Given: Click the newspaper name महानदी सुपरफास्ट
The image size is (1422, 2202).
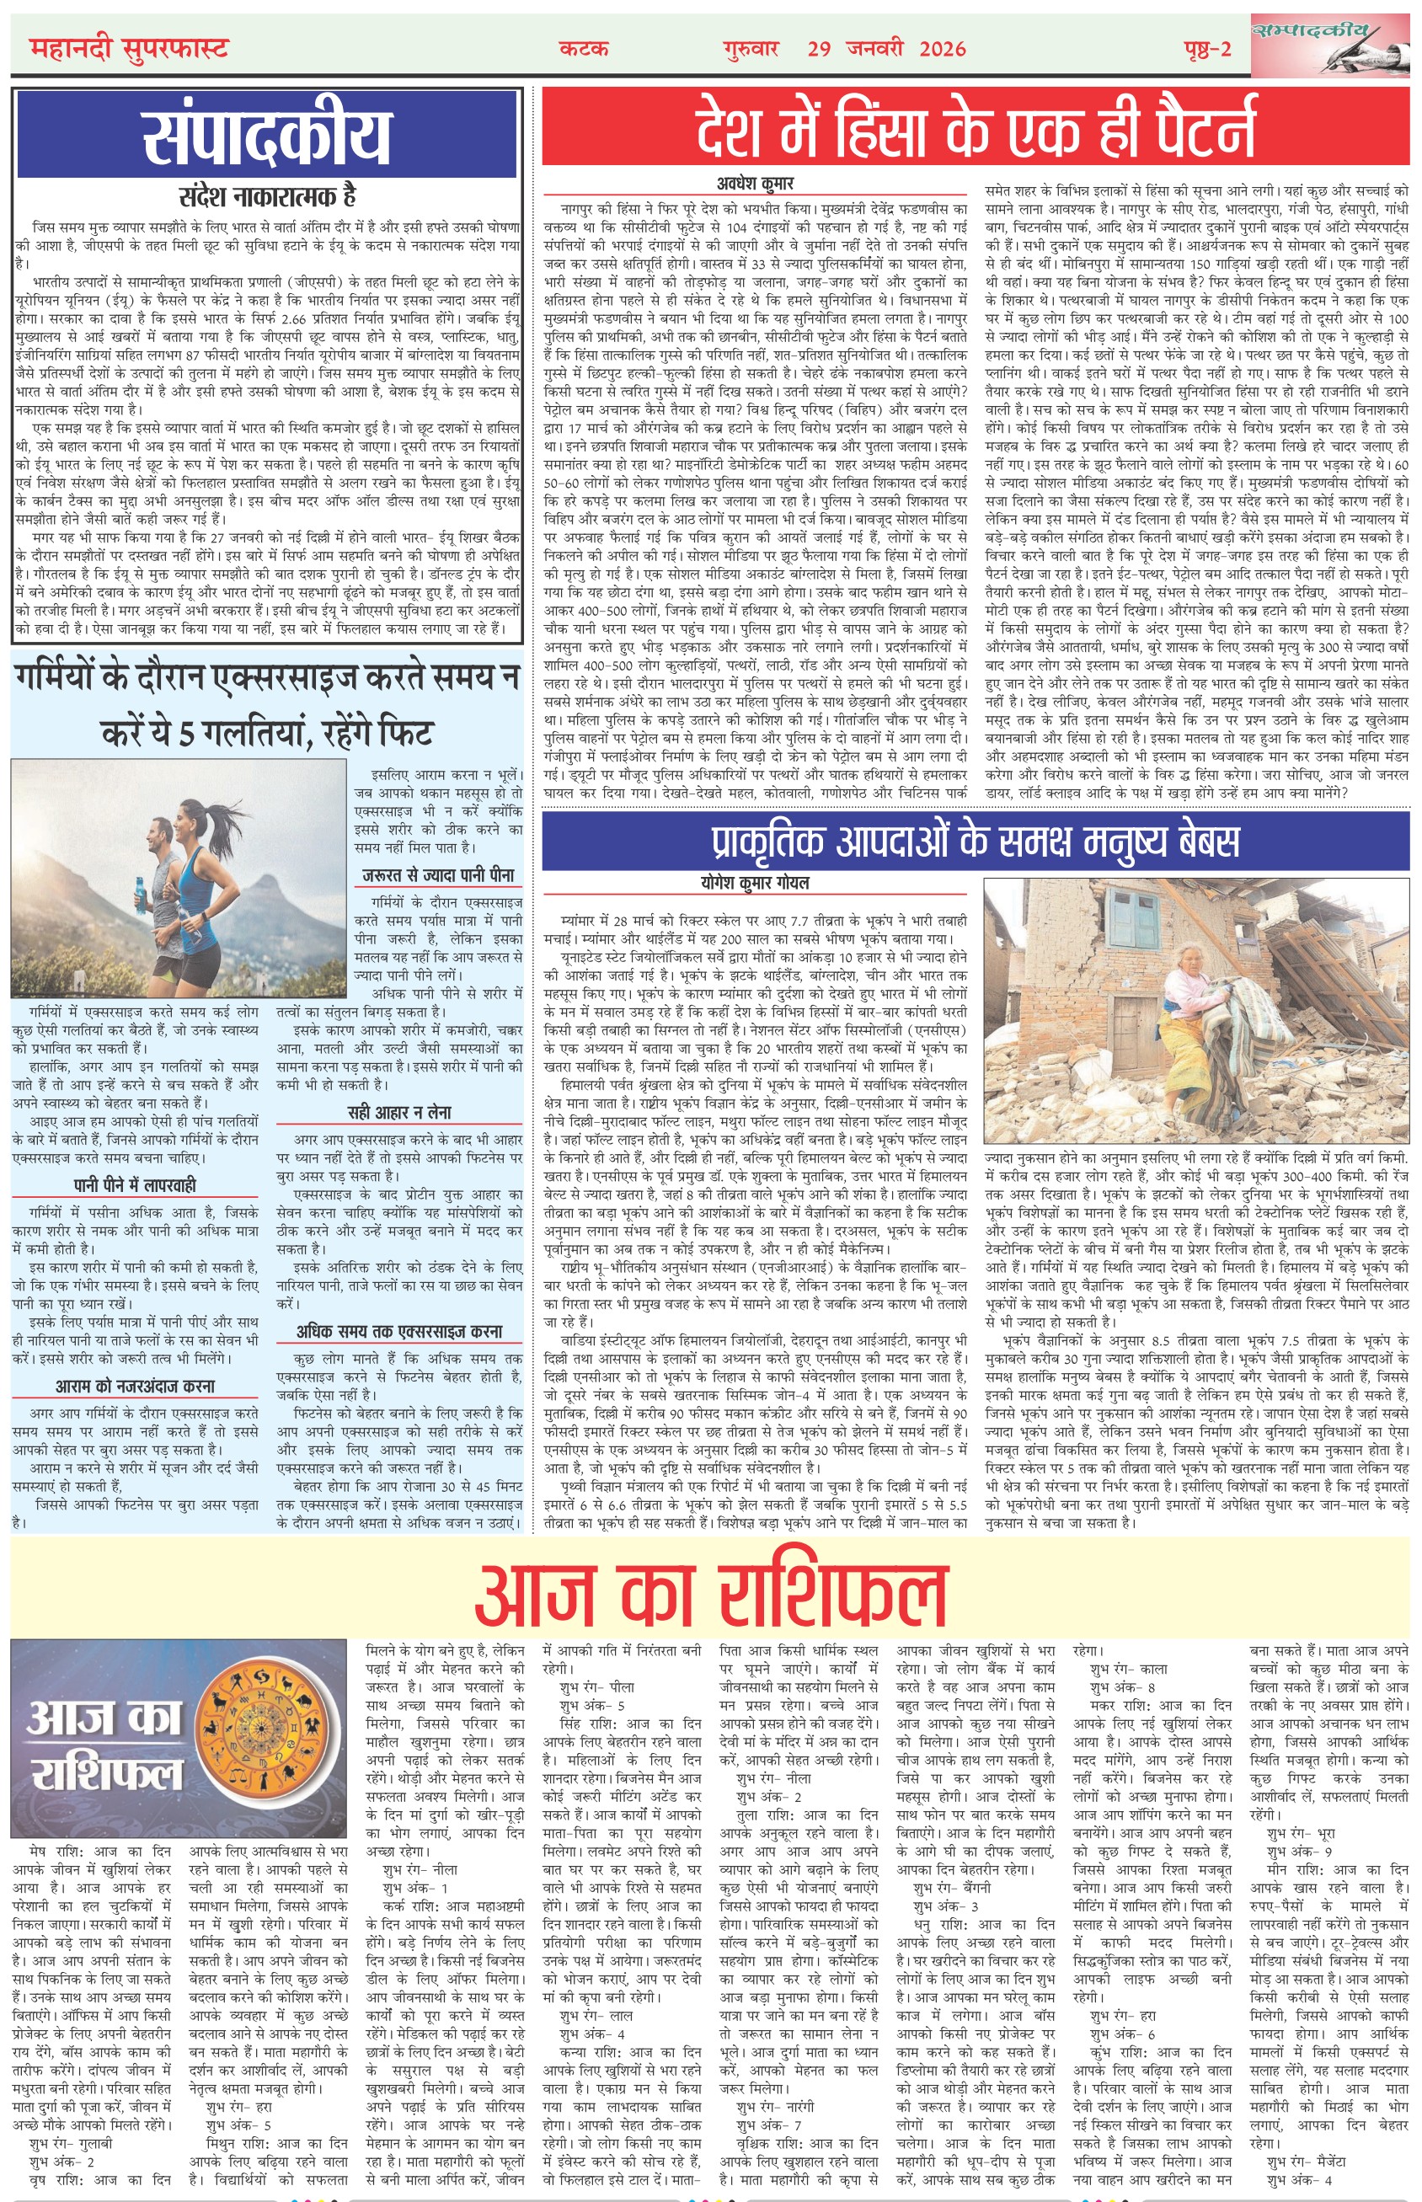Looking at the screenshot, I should (128, 47).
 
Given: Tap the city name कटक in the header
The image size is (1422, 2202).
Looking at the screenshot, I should (584, 49).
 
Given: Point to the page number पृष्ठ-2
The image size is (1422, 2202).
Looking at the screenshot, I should (1207, 49).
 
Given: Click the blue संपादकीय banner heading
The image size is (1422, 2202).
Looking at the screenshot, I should (267, 135).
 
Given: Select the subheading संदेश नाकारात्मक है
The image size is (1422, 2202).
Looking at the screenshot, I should (267, 195).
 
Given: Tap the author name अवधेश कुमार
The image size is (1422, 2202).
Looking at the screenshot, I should (755, 183).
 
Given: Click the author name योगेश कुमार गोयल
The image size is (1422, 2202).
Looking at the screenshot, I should (755, 883).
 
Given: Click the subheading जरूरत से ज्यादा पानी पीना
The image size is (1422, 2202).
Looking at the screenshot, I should (439, 874).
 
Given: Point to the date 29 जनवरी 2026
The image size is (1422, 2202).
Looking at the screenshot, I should (886, 49).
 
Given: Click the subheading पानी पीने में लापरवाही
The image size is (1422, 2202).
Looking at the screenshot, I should (135, 1184).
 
